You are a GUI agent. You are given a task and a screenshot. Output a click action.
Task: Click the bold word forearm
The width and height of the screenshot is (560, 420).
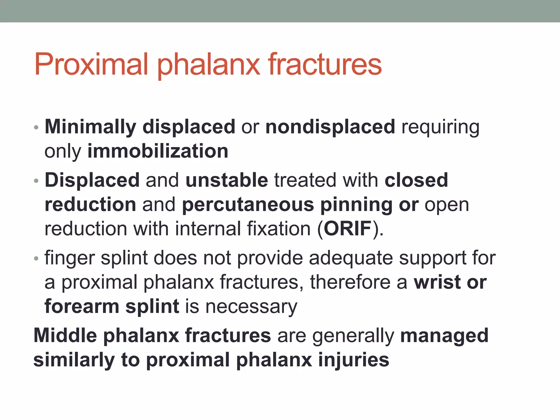[x=82, y=306]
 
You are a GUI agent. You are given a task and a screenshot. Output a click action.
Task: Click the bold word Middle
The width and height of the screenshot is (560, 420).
[x=65, y=335]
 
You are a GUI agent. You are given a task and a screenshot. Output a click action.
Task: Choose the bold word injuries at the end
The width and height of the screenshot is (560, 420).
[x=354, y=360]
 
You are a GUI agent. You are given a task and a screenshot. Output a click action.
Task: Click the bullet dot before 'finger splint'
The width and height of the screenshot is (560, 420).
[x=36, y=258]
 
